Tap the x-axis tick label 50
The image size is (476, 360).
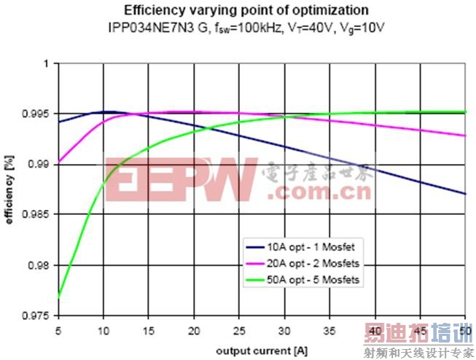[x=464, y=329]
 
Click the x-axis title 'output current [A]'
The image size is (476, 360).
[x=261, y=349]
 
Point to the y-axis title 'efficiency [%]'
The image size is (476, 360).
[x=11, y=190]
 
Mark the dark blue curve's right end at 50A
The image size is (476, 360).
[x=464, y=194]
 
